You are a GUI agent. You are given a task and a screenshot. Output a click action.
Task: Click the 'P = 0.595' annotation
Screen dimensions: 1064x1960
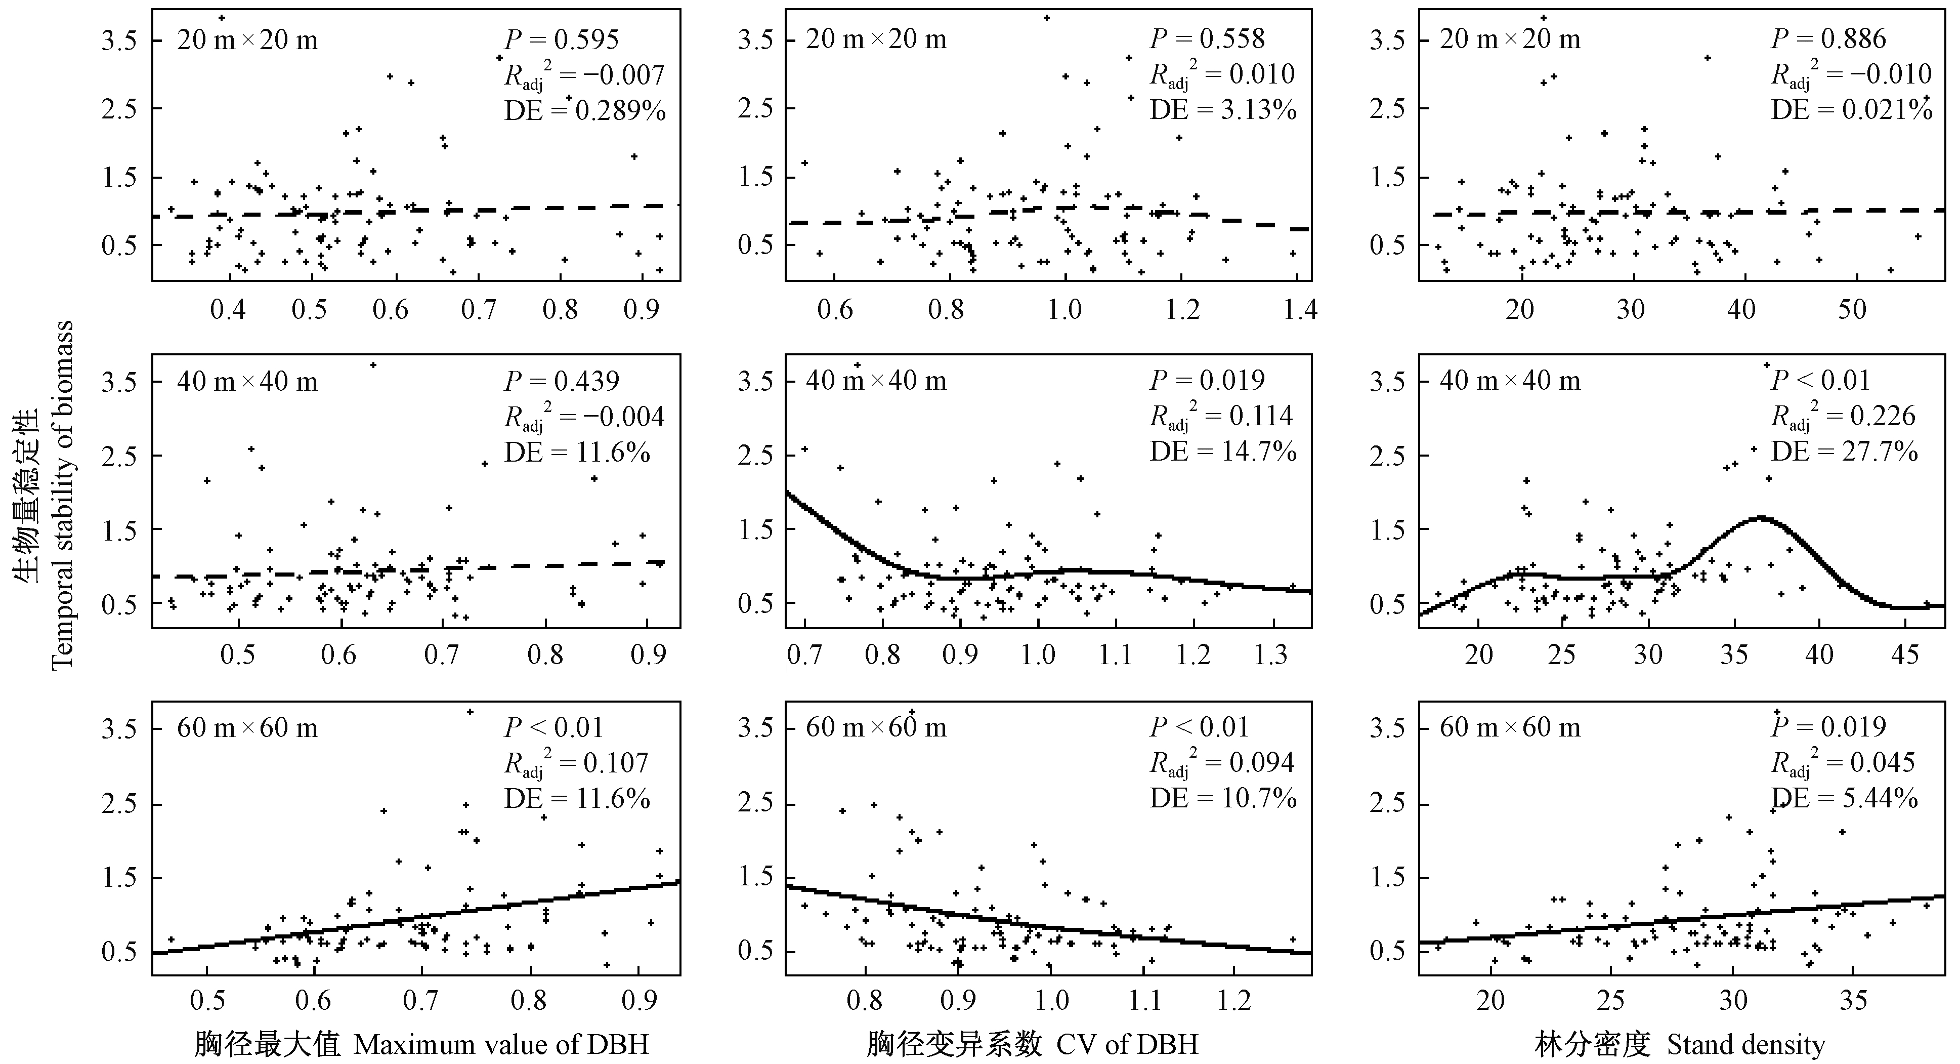[x=562, y=39]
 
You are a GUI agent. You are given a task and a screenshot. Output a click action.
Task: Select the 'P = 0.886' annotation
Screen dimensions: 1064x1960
[x=1828, y=39]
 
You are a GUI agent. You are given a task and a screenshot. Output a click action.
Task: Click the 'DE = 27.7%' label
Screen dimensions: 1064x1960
[x=1844, y=452]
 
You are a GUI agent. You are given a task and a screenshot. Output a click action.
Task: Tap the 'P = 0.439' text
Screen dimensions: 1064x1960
[x=562, y=381]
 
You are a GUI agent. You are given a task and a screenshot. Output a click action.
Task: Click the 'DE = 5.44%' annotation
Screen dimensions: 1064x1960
[x=1844, y=798]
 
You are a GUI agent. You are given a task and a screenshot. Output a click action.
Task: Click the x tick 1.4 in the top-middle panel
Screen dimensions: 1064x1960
[x=1300, y=310]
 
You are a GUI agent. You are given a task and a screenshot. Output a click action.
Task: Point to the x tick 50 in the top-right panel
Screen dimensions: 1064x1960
[x=1852, y=310]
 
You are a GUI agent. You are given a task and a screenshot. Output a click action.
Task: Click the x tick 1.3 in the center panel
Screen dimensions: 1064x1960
[x=1270, y=654]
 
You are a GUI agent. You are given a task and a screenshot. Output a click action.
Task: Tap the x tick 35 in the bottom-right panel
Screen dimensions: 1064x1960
[x=1853, y=1000]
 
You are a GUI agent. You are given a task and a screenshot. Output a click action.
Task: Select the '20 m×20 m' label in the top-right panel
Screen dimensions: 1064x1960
[x=1510, y=39]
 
